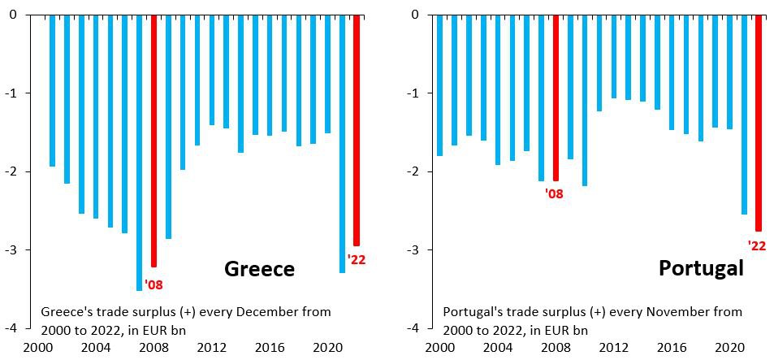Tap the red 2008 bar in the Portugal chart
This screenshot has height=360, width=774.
click(x=556, y=98)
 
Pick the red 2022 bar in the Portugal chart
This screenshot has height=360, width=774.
click(x=759, y=122)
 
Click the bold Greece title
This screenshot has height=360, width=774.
click(x=259, y=269)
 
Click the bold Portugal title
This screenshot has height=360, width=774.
click(x=702, y=268)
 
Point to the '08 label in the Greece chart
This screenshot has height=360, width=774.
click(x=154, y=284)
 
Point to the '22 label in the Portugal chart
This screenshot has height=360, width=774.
click(x=756, y=245)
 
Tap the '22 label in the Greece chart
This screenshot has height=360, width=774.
click(x=357, y=259)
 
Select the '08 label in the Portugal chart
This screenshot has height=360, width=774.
click(x=555, y=193)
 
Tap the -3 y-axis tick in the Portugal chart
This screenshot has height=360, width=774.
click(x=414, y=249)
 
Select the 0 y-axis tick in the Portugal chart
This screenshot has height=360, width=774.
click(x=416, y=14)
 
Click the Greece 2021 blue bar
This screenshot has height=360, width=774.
click(x=342, y=143)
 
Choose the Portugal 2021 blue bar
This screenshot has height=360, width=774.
click(x=744, y=114)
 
